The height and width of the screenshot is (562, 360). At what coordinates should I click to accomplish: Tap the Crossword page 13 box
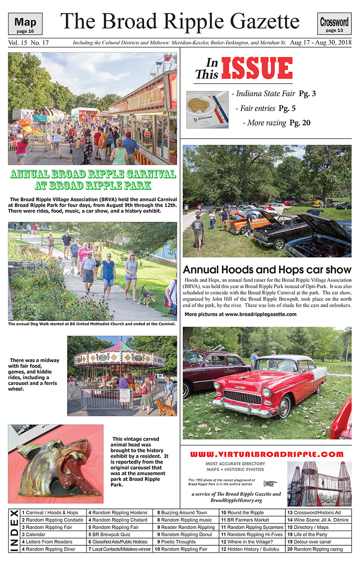pos(334,24)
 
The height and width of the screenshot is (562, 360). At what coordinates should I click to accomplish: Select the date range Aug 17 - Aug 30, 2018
pos(320,43)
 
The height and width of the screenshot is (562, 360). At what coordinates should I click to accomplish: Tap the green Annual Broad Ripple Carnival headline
pos(93,180)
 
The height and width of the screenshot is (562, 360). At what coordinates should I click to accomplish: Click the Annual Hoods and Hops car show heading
pos(267,270)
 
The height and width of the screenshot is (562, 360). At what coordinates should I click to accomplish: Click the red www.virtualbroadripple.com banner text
pos(267,454)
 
